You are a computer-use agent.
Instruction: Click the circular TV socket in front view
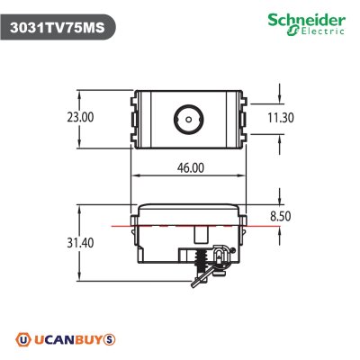pos(187,117)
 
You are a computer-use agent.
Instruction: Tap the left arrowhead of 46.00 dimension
pos(136,175)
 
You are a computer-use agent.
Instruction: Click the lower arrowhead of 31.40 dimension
pos(81,278)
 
